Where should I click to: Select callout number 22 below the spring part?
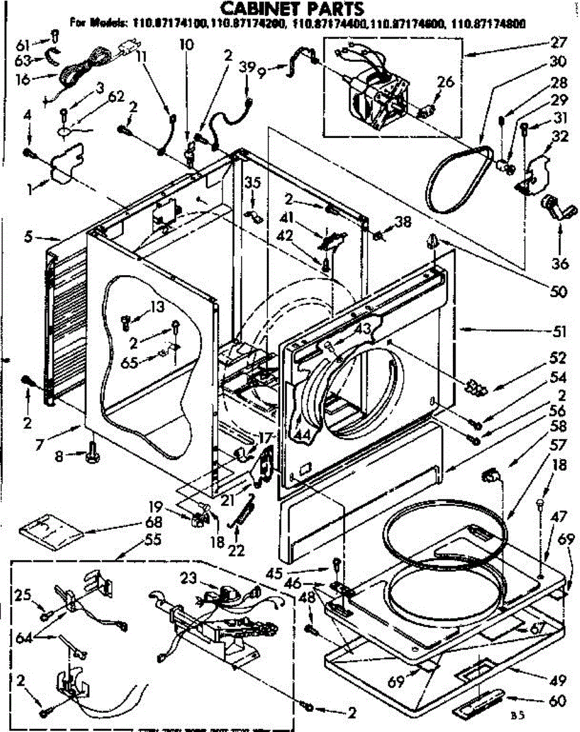pyautogui.click(x=235, y=550)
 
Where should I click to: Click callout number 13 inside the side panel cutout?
pyautogui.click(x=158, y=307)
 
